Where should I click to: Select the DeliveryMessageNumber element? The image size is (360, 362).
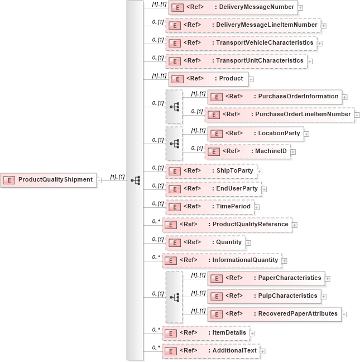point(232,8)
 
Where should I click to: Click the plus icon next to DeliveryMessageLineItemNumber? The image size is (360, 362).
point(324,26)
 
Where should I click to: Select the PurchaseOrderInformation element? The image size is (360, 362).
point(274,96)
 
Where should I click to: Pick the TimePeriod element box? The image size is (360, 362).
point(210,207)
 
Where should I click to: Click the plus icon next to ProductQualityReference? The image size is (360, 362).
point(295,225)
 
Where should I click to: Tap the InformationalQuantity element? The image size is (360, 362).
point(222,260)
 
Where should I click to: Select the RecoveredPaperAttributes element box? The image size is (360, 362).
point(274,314)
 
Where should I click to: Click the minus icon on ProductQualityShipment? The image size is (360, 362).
point(99,180)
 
